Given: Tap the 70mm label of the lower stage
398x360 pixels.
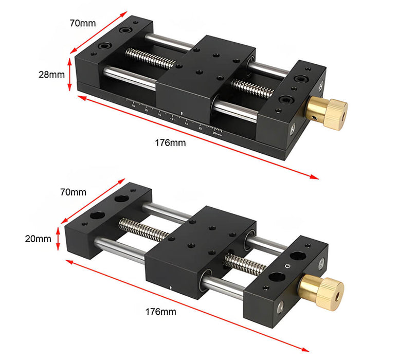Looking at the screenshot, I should tap(73, 192).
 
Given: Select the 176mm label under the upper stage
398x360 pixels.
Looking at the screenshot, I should tap(170, 142).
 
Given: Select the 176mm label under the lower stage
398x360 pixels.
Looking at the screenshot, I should tap(160, 312).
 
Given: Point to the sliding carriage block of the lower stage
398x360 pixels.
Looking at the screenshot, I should tap(201, 242).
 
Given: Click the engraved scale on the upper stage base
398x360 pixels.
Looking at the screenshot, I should tap(175, 116).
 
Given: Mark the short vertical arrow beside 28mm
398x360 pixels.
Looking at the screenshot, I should tap(69, 74).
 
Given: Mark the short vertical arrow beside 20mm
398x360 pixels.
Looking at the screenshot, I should tap(59, 239).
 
